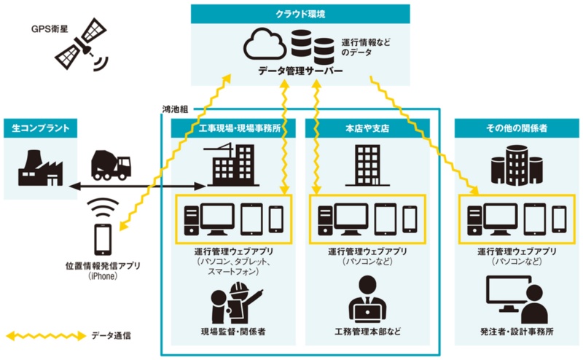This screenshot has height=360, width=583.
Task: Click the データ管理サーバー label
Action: point(300,71)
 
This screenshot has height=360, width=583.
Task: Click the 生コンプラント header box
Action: point(41,128)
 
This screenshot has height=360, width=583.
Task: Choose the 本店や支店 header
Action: point(366,128)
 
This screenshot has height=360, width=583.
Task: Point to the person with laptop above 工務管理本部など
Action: point(367,299)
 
